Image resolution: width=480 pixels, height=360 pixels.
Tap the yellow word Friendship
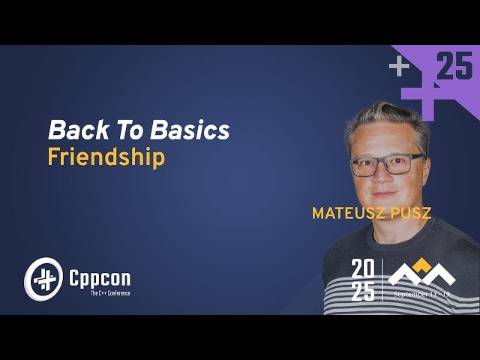click(x=106, y=158)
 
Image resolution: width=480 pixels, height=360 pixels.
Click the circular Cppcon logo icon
click(x=42, y=278)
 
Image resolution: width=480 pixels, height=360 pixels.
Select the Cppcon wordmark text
click(x=99, y=278)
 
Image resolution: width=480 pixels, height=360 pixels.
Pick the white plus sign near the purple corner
click(x=399, y=67)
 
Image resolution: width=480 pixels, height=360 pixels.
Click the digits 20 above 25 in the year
click(x=363, y=268)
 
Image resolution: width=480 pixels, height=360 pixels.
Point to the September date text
click(x=421, y=295)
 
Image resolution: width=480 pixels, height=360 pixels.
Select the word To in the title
click(x=131, y=130)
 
